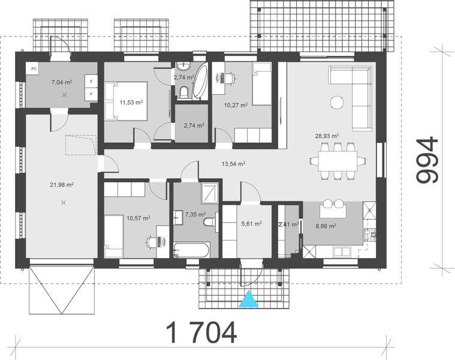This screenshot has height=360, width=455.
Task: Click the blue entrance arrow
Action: point(246,299)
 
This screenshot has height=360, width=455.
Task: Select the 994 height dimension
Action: point(427,161)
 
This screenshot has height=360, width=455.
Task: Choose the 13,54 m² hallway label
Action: point(233,163)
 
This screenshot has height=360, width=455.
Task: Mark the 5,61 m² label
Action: point(251,224)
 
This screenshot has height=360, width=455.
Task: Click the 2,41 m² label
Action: point(288,225)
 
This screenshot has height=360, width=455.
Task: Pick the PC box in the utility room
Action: point(33,68)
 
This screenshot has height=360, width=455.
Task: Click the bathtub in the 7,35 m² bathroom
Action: point(191,251)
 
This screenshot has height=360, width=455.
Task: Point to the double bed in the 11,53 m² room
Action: point(123,101)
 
